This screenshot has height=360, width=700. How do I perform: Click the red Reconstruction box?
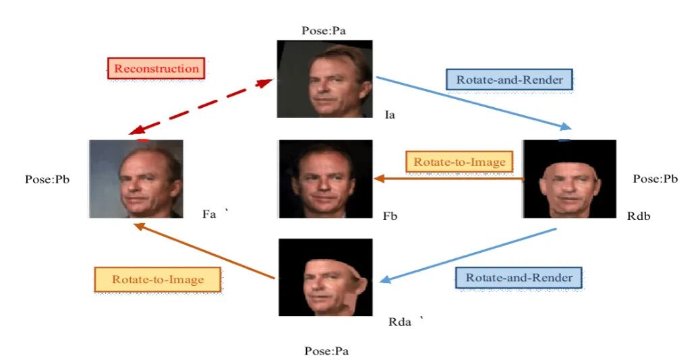(x=156, y=68)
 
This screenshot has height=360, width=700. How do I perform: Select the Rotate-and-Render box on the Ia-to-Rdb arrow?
(x=509, y=80)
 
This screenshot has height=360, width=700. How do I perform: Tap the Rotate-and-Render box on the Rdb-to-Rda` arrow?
(x=519, y=278)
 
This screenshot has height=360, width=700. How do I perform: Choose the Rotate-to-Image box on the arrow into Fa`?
(x=158, y=280)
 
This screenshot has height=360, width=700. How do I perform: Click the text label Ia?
(x=389, y=115)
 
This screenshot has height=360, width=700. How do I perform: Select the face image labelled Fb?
(x=325, y=179)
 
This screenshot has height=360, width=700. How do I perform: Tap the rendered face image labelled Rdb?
(x=569, y=179)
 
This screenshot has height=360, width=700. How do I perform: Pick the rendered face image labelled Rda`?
(x=325, y=277)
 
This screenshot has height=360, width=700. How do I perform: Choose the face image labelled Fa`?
(x=136, y=179)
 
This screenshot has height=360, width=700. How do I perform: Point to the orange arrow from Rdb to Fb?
(x=448, y=179)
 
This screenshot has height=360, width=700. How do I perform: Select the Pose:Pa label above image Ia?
(x=325, y=30)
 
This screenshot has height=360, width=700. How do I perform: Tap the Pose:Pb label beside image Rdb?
(x=655, y=179)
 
